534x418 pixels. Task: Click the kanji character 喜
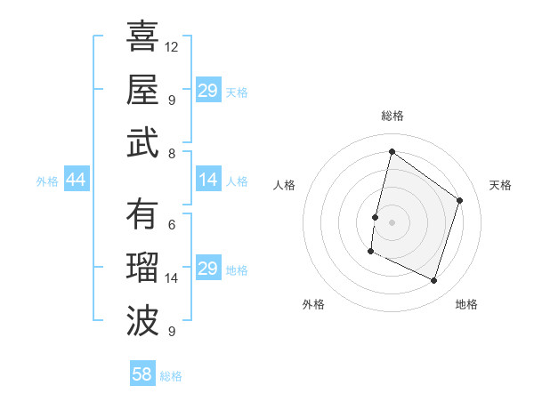[x=142, y=37]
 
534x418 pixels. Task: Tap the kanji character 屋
[x=142, y=90]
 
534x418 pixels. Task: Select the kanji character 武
[x=142, y=142]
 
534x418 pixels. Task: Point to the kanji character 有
[x=142, y=214]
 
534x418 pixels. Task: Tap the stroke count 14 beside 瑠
[x=172, y=278]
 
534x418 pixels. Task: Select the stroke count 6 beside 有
[x=172, y=225]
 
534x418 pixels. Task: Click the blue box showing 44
[x=76, y=181]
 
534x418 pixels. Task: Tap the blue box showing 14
[x=208, y=181]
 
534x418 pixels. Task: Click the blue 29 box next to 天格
[x=208, y=91]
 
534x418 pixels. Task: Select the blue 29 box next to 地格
[x=208, y=269]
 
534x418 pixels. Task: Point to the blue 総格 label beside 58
[x=171, y=376]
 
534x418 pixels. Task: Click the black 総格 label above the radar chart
[x=392, y=116]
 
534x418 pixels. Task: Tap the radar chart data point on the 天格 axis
[x=460, y=200]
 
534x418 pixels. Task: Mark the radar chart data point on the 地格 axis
[x=434, y=281]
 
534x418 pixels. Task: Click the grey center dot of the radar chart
[x=392, y=221]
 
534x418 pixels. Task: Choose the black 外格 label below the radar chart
[x=313, y=304]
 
